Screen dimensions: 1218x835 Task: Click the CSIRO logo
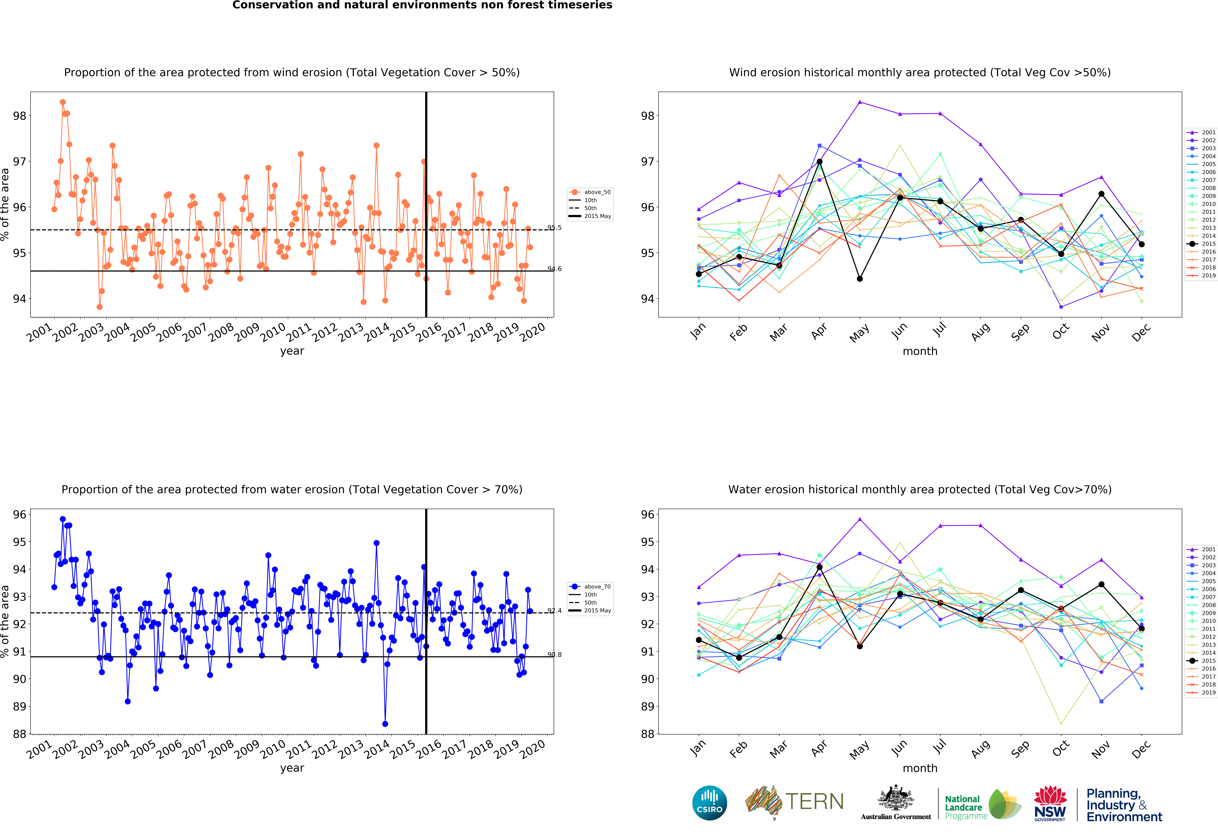pyautogui.click(x=710, y=802)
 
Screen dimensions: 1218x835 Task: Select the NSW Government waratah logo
pyautogui.click(x=1050, y=803)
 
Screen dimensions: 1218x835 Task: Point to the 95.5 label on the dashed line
pyautogui.click(x=555, y=227)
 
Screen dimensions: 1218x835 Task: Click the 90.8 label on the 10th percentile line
pyautogui.click(x=555, y=655)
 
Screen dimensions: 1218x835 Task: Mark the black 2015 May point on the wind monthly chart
pyautogui.click(x=860, y=279)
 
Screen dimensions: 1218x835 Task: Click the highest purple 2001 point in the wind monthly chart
pyautogui.click(x=860, y=102)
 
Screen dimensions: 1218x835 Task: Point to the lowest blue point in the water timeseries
pyautogui.click(x=385, y=724)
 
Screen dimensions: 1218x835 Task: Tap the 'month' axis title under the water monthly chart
pyautogui.click(x=920, y=768)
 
